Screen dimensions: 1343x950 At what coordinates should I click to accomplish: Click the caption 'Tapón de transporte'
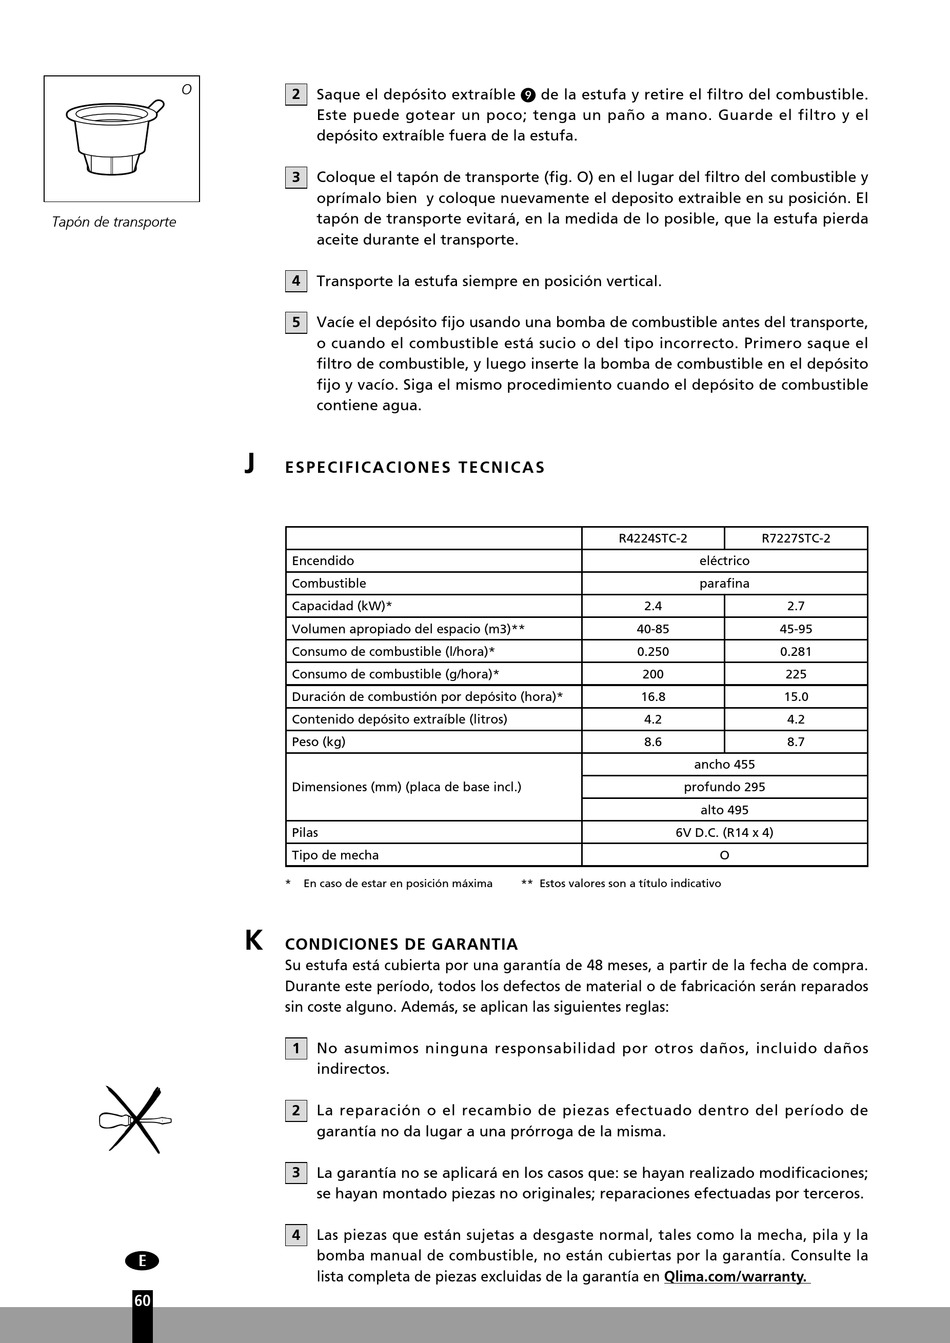114,222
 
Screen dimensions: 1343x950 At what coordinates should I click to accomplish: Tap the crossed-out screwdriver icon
135,1119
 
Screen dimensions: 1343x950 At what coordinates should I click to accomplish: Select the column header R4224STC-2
652,538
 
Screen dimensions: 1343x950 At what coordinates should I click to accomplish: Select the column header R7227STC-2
795,538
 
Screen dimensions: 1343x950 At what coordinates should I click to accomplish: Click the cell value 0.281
795,651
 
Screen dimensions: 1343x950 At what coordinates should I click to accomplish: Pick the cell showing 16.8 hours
652,697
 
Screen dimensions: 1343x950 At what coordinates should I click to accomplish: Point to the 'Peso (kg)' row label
318,742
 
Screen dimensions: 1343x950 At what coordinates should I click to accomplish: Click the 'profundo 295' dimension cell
724,787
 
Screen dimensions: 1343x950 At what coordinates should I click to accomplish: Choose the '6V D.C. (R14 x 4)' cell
724,832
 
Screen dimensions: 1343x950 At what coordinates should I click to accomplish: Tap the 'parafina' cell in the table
724,583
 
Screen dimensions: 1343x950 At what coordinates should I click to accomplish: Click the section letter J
250,464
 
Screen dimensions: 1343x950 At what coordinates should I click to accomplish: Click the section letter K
254,941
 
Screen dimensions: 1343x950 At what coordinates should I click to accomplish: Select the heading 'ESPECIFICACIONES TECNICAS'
415,467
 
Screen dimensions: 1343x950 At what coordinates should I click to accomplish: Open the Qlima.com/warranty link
736,1277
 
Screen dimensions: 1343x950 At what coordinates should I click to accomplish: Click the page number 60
142,1300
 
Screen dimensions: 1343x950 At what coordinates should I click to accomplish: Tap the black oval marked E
142,1261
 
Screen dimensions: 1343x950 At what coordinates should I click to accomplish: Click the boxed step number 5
295,322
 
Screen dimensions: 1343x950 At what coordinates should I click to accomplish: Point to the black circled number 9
528,95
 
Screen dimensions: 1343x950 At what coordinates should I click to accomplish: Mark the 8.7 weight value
795,742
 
